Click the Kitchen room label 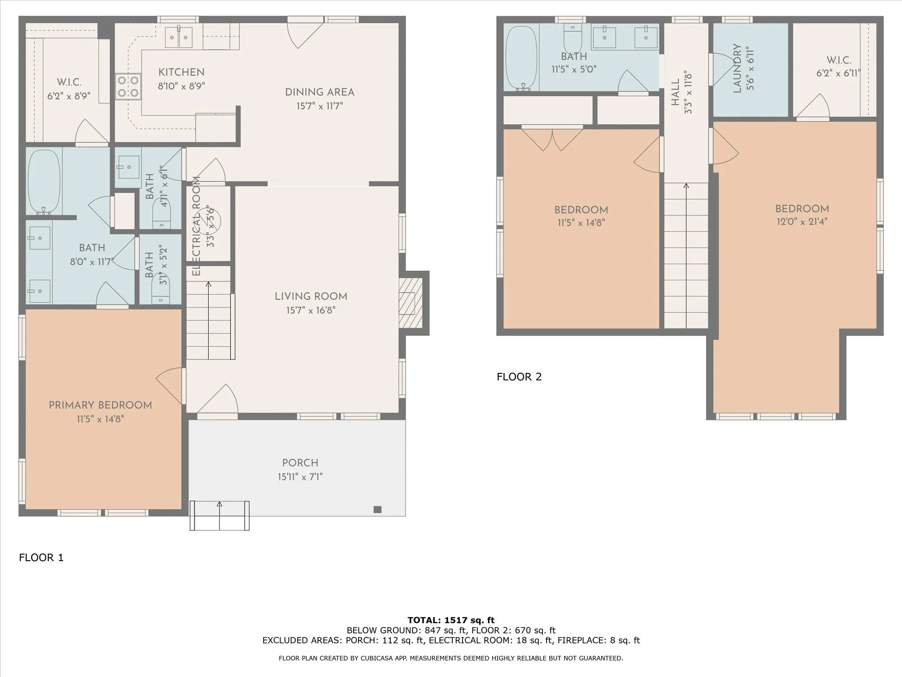[181, 72]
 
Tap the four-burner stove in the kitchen [128, 86]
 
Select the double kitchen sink [179, 37]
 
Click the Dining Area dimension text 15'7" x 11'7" [320, 106]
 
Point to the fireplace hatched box [410, 303]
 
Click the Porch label [300, 463]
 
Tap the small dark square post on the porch [377, 510]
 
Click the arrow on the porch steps [219, 516]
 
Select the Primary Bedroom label [100, 405]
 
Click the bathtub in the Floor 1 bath [44, 182]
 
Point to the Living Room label [311, 297]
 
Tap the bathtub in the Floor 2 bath [522, 59]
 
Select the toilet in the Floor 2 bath [573, 39]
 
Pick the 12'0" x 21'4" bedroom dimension [802, 222]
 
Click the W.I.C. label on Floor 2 [839, 60]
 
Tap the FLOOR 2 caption [519, 377]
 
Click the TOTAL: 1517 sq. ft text [451, 620]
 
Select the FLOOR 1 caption [41, 558]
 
